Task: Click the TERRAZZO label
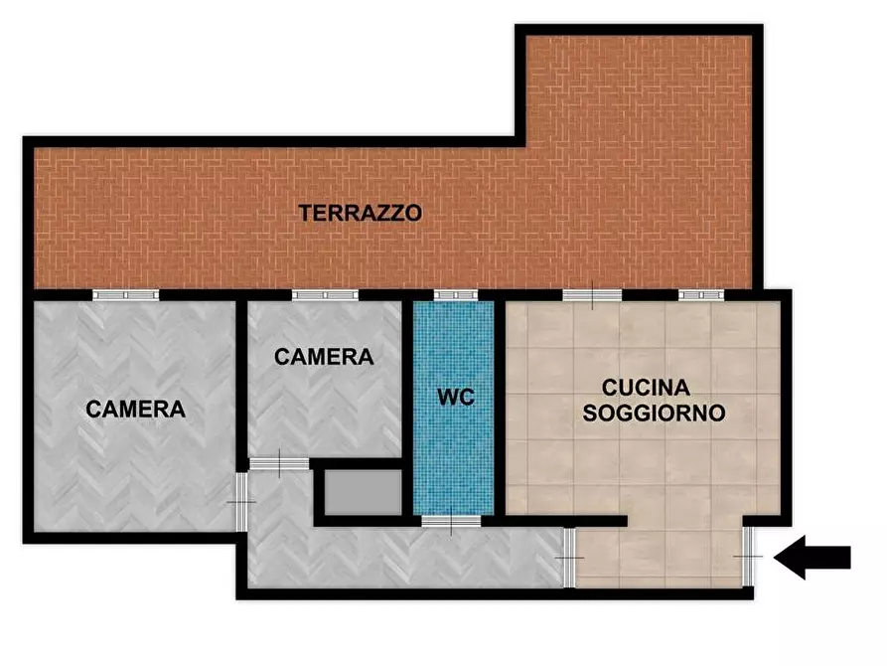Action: point(361,212)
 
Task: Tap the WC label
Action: point(456,398)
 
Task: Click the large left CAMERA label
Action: point(136,409)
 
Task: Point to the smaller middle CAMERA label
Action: point(324,356)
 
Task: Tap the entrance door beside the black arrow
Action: point(748,556)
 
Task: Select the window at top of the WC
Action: point(455,294)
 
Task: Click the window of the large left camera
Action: point(126,294)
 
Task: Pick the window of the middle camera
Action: point(325,294)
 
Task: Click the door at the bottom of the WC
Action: point(451,520)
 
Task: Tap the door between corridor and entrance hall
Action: point(569,558)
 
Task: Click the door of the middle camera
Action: point(279,462)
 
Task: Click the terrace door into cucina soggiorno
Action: point(592,294)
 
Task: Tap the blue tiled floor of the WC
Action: point(454,457)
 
